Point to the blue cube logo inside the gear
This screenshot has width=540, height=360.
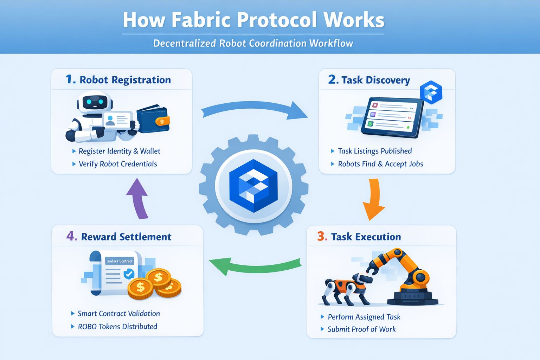[x=253, y=185]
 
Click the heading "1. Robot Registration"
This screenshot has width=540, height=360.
[x=118, y=80]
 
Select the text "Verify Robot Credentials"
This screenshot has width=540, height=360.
[x=118, y=164]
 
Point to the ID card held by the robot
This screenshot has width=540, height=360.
[x=117, y=121]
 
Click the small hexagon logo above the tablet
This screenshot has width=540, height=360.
[x=431, y=92]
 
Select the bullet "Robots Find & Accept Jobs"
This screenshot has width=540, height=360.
[x=380, y=164]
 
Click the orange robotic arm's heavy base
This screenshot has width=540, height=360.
[x=413, y=297]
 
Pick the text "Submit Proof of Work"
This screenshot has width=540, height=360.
[x=361, y=329]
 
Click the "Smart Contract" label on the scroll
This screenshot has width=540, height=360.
[x=120, y=261]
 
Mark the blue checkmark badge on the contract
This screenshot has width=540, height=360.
[x=129, y=274]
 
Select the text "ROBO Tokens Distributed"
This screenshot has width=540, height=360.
[x=117, y=327]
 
